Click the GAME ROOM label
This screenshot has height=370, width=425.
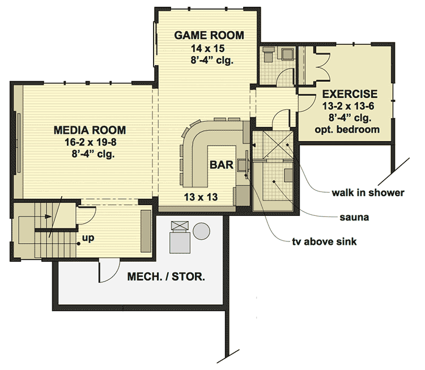pyautogui.click(x=209, y=35)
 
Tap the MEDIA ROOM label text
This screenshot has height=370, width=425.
pyautogui.click(x=90, y=130)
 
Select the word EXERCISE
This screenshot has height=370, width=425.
pyautogui.click(x=350, y=93)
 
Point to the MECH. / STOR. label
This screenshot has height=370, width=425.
pyautogui.click(x=165, y=278)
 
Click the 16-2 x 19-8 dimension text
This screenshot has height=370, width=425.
pyautogui.click(x=90, y=142)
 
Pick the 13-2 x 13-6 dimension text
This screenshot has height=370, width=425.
pyautogui.click(x=350, y=106)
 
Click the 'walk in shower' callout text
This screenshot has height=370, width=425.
pyautogui.click(x=368, y=193)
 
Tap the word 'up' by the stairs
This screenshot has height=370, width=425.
pyautogui.click(x=88, y=239)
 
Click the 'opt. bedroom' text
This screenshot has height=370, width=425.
pyautogui.click(x=347, y=129)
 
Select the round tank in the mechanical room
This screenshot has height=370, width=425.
pyautogui.click(x=201, y=231)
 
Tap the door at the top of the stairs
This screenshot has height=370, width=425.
pyautogui.click(x=85, y=214)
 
